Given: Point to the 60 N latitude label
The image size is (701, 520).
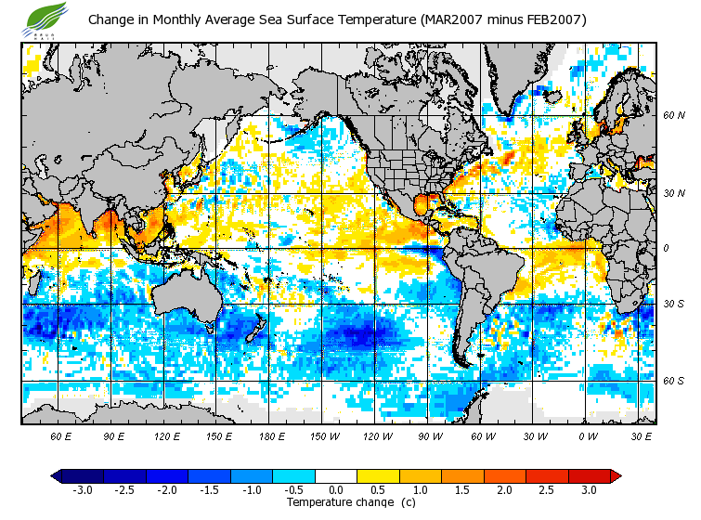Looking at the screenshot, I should [x=673, y=116].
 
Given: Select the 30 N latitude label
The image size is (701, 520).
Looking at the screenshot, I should [x=673, y=193].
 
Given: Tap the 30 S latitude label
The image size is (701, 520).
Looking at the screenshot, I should [x=673, y=304].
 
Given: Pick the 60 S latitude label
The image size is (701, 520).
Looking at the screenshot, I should [x=673, y=381].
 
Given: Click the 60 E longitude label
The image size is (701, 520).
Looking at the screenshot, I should [x=60, y=435].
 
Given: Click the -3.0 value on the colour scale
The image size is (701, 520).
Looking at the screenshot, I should [x=82, y=490].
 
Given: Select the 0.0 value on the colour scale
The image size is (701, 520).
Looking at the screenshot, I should [x=336, y=490].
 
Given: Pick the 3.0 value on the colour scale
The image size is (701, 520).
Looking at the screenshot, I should [x=590, y=490].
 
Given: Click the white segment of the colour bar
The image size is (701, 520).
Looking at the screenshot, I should [x=336, y=475].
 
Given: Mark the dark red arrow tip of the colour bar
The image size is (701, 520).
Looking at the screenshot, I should [x=616, y=475].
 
